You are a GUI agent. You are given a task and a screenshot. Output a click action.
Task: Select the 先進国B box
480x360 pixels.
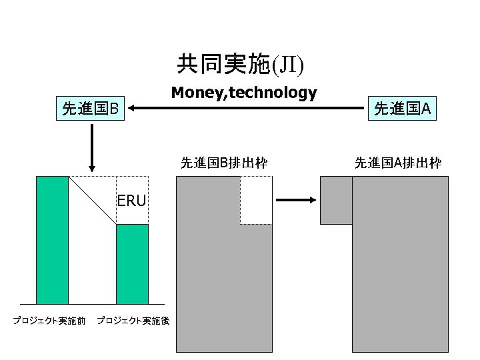pos(90,108)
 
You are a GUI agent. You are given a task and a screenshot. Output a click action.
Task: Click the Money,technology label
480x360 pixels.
pos(243,93)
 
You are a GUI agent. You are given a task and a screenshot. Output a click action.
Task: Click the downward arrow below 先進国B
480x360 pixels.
pos(92,147)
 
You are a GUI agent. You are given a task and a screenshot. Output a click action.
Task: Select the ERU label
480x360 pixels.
pos(131,200)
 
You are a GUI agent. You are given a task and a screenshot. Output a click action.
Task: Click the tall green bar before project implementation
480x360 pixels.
pos(52,240)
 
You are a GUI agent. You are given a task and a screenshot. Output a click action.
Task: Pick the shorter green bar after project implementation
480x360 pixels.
pos(132,264)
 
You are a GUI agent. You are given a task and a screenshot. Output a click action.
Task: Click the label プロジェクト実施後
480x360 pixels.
pos(133,321)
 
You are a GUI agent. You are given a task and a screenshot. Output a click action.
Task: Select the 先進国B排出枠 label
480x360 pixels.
pos(225,162)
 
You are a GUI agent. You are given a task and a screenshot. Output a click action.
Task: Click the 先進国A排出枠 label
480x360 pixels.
pos(398,162)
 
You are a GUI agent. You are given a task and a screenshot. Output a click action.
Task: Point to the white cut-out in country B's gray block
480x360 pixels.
pos(256,200)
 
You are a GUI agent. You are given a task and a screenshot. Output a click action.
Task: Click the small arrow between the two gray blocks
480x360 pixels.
pos(295,199)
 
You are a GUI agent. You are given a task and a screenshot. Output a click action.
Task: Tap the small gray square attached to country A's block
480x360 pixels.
pos(336,200)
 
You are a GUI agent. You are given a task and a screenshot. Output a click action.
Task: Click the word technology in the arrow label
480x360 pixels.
pos(273,93)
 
